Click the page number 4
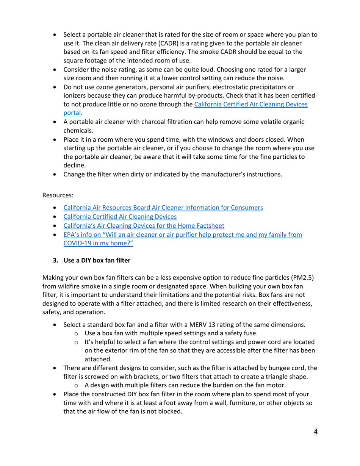(x=315, y=432)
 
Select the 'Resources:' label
(x=58, y=195)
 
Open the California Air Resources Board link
(x=163, y=208)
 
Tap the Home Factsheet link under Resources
(x=144, y=226)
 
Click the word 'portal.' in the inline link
(x=73, y=113)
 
